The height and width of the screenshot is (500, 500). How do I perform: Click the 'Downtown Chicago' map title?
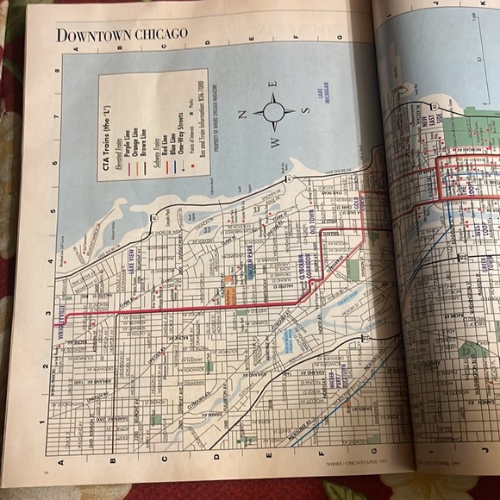coord(121,34)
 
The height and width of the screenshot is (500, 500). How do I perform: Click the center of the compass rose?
coord(274,110)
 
